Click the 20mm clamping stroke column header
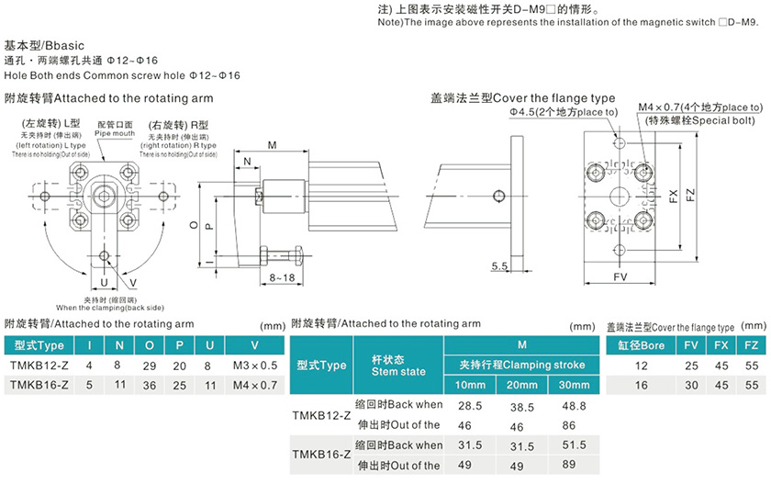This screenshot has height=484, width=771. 520,384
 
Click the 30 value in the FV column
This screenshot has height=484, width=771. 690,386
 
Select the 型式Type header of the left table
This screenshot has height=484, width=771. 39,345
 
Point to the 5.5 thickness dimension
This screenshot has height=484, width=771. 499,266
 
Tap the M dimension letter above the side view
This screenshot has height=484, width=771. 273,146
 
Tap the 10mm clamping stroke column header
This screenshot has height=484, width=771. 469,384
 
